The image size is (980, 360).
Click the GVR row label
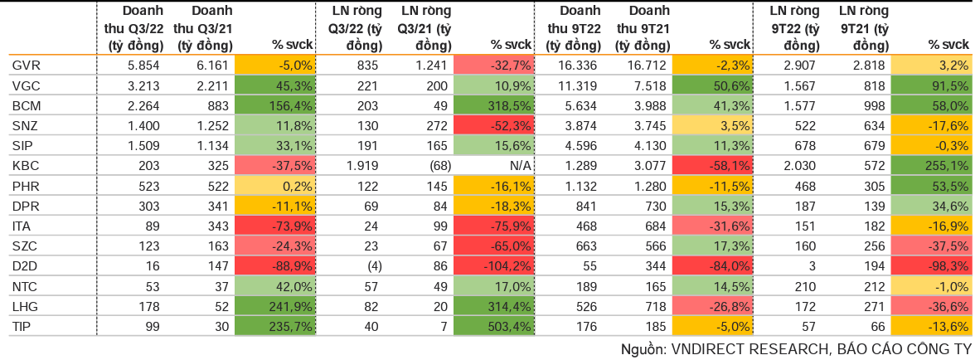[22, 66]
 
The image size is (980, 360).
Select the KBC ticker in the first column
[23, 165]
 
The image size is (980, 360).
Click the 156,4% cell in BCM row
[274, 105]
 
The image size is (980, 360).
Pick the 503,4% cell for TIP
[492, 326]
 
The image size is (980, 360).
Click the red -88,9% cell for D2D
[274, 265]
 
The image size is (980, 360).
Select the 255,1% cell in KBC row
[930, 165]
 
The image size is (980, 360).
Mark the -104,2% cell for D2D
[492, 265]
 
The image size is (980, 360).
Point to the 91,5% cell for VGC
[930, 85]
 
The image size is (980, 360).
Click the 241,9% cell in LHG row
[274, 306]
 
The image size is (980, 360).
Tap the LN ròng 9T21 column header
[862, 28]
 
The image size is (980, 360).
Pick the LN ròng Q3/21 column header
[424, 28]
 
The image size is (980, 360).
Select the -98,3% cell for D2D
[930, 265]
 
